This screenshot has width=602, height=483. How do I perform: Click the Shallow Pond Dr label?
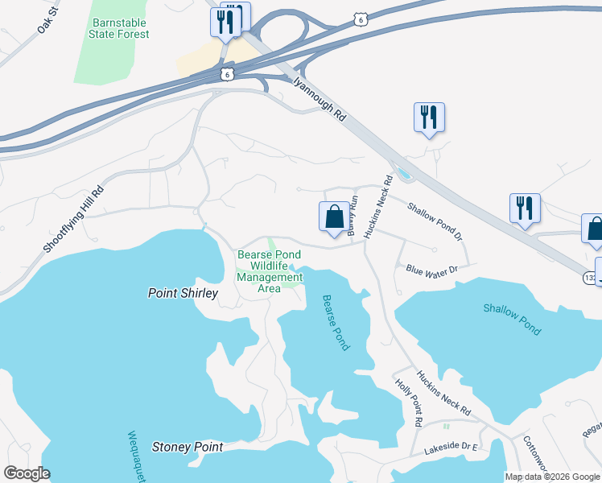(435, 221)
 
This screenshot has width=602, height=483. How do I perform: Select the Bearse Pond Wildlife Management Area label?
(270, 271)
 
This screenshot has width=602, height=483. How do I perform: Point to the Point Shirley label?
(183, 294)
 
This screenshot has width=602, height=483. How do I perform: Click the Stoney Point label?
(187, 446)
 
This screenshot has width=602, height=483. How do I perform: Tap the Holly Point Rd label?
(409, 402)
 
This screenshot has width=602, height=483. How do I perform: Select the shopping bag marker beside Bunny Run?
(334, 217)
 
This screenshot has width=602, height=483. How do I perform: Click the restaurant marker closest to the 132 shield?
(525, 208)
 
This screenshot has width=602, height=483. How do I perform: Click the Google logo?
(26, 473)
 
